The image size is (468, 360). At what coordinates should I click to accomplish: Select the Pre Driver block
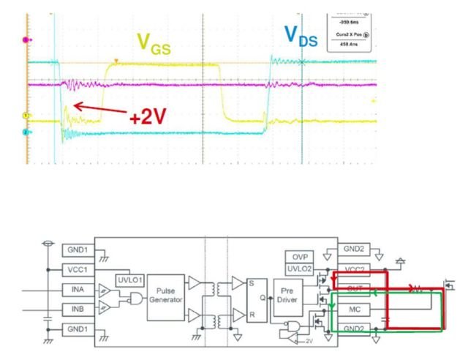point(287,297)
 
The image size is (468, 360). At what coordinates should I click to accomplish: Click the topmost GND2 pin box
point(355,248)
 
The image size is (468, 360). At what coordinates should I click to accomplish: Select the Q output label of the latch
point(263,298)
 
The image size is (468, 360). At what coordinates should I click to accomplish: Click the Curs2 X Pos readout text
point(351,34)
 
